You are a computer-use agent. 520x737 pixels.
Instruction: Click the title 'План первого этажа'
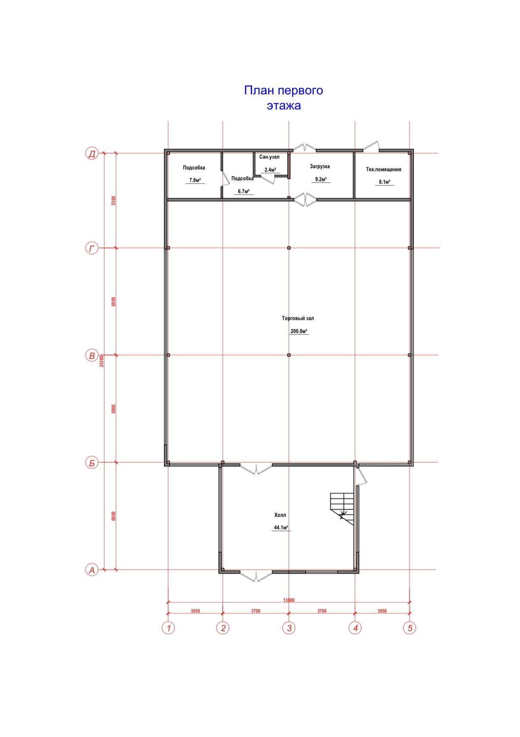pos(284,98)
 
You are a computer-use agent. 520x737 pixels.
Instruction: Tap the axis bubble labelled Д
pos(92,154)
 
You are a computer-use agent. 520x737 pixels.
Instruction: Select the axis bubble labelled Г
pos(92,249)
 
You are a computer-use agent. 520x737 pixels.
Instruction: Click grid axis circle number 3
pos(289,628)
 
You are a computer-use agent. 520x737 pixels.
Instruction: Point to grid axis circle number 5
pos(410,628)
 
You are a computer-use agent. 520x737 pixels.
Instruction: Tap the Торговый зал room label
pos(298,318)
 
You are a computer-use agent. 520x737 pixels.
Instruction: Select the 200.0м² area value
pos(299,331)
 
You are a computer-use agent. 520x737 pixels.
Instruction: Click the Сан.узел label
pos(269,157)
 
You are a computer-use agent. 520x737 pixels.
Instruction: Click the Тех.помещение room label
pos(384,170)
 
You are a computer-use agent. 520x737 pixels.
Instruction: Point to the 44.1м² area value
pos(281,527)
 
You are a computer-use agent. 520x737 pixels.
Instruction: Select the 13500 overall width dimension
pos(289,600)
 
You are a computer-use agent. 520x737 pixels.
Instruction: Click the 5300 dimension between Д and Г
pos(113,201)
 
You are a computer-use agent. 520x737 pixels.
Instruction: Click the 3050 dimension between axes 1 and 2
pos(195,611)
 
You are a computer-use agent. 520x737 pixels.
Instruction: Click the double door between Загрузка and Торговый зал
pos(305,200)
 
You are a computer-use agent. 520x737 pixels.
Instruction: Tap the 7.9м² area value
pos(195,180)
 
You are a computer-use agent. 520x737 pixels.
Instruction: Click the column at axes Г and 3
pos(289,248)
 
